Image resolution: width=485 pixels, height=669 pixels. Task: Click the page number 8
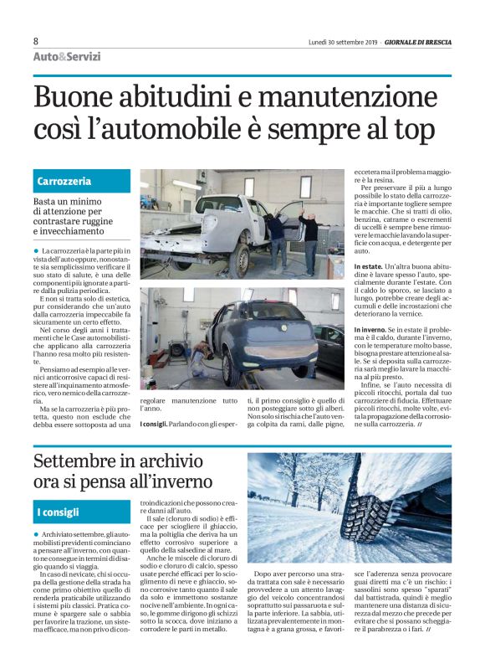pos(36,41)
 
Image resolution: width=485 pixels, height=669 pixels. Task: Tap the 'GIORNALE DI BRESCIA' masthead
pos(416,42)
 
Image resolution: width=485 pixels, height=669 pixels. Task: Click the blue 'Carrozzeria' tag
pos(64,182)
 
